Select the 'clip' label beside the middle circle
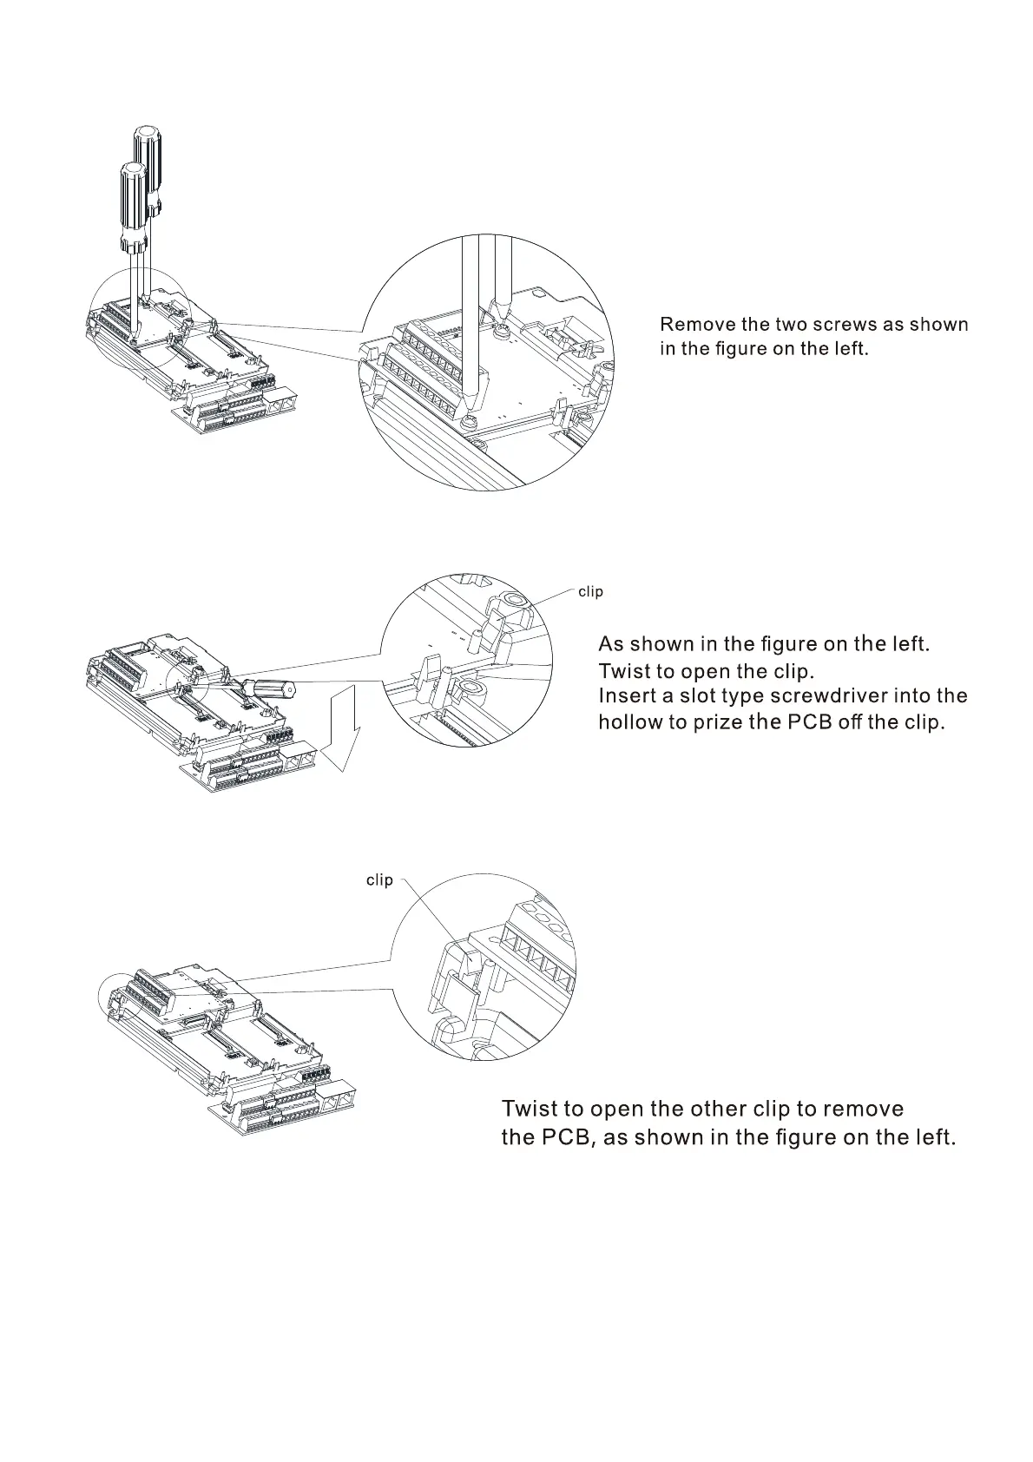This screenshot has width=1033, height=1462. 590,592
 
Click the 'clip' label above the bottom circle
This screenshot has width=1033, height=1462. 379,880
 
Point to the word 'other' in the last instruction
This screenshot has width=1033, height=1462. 719,1110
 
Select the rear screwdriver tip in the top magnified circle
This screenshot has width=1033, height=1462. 500,313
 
